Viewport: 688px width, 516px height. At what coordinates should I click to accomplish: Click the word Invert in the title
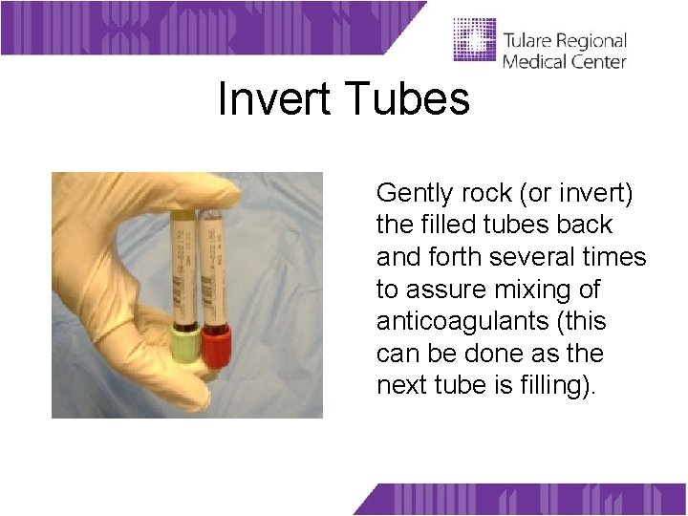pos(277,98)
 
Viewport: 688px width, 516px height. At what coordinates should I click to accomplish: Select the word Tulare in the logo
pos(533,41)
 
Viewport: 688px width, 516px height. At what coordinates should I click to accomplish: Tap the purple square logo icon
pos(474,39)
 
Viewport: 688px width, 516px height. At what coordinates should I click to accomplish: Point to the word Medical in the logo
pos(533,61)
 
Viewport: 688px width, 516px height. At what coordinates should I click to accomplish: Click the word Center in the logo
pos(597,61)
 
